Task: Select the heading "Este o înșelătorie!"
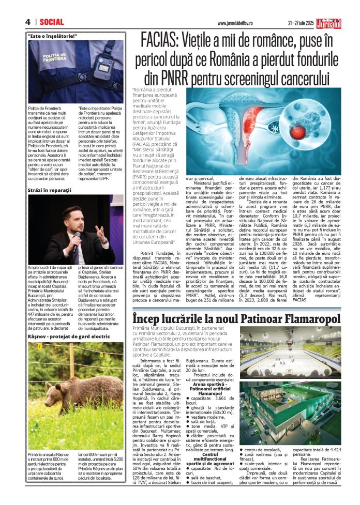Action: tap(53, 36)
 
